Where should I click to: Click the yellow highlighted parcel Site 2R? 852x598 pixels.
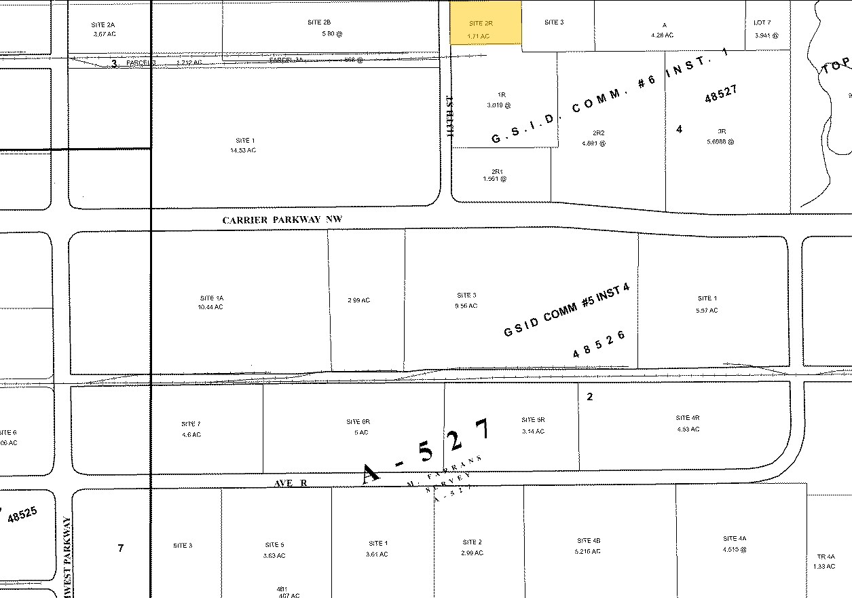pyautogui.click(x=486, y=23)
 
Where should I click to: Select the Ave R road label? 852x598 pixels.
pyautogui.click(x=291, y=482)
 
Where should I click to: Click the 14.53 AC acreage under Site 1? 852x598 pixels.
pyautogui.click(x=243, y=150)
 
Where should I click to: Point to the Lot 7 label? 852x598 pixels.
pyautogui.click(x=762, y=22)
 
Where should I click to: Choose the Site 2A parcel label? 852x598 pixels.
pyautogui.click(x=103, y=24)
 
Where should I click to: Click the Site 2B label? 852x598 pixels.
pyautogui.click(x=319, y=22)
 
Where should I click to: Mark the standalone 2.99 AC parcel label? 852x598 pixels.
pyautogui.click(x=358, y=300)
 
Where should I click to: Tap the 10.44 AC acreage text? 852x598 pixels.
pyautogui.click(x=211, y=307)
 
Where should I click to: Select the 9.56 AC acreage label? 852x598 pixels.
pyautogui.click(x=466, y=306)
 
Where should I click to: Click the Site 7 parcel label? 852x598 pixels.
pyautogui.click(x=191, y=424)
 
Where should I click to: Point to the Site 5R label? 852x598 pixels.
pyautogui.click(x=533, y=420)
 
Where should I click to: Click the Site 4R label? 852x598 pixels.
pyautogui.click(x=688, y=417)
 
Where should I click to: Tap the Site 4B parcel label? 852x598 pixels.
pyautogui.click(x=588, y=541)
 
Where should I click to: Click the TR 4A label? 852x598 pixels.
pyautogui.click(x=826, y=557)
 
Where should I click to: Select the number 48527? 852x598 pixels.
pyautogui.click(x=721, y=94)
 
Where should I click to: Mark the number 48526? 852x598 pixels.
pyautogui.click(x=598, y=345)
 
